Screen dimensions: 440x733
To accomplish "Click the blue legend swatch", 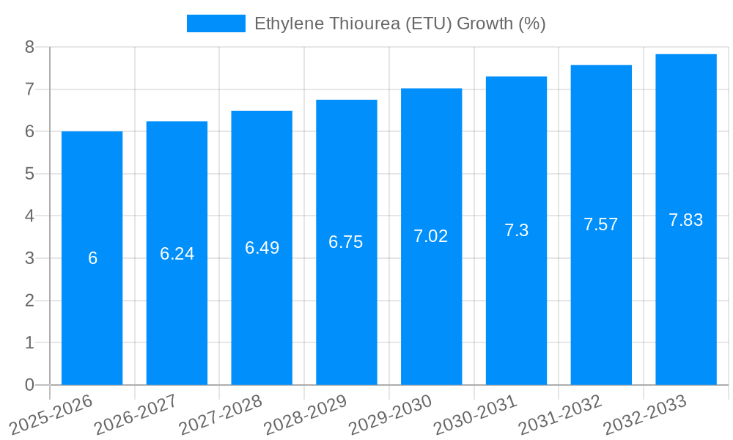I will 216,23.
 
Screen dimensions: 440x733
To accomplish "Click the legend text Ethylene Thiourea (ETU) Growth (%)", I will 399,23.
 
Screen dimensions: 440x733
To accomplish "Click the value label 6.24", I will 177,254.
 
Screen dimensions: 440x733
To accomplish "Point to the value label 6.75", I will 346,242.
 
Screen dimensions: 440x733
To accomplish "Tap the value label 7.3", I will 516,230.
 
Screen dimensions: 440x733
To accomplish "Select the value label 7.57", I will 600,224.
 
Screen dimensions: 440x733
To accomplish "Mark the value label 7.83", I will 685,219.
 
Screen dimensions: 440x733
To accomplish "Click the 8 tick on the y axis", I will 29,47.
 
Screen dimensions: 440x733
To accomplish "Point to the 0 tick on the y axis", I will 29,385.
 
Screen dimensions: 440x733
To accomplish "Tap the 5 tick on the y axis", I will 29,174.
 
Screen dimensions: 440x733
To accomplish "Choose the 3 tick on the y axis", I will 29,258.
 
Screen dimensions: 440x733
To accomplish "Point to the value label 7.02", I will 431,236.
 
